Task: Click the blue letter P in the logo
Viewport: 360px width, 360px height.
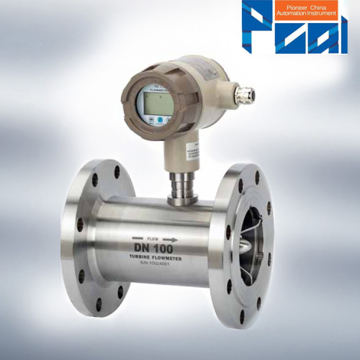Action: (256, 29)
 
